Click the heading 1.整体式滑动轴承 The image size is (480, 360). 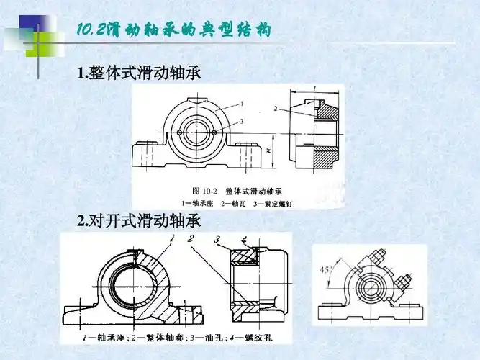click(x=142, y=73)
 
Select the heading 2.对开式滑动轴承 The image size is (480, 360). click(x=138, y=221)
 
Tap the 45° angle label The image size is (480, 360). click(x=325, y=269)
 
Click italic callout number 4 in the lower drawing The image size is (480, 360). click(x=244, y=239)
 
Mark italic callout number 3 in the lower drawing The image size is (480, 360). click(x=217, y=239)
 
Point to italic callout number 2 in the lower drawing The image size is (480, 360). click(x=190, y=238)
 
